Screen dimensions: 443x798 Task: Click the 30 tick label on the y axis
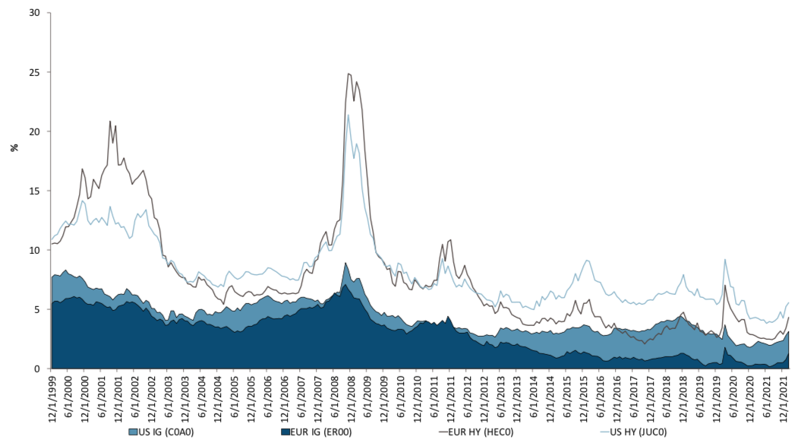click(33, 13)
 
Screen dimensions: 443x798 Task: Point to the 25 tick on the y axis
click(33, 72)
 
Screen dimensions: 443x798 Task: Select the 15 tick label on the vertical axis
click(33, 191)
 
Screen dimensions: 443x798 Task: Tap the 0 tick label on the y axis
click(36, 369)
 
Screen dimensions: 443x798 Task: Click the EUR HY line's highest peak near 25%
click(349, 74)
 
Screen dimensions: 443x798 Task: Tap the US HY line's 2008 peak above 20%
click(349, 115)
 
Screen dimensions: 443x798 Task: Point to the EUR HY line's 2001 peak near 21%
click(110, 122)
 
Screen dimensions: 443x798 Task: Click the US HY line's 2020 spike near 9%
click(726, 260)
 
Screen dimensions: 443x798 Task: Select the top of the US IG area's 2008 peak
click(346, 263)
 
